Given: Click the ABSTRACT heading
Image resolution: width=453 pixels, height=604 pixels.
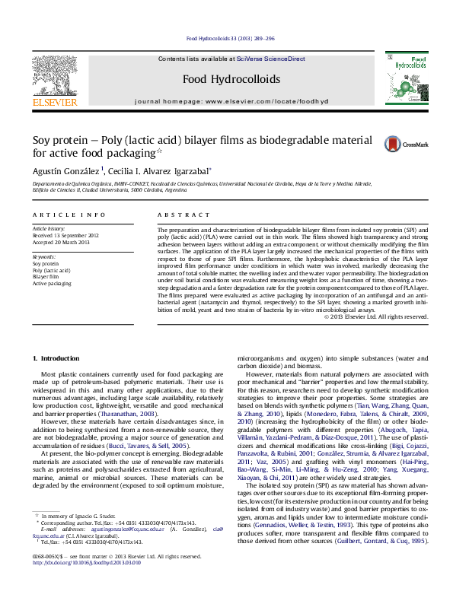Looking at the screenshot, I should click(177, 215).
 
